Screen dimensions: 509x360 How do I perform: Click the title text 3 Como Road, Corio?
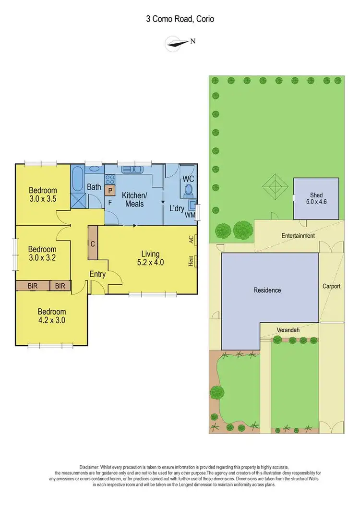180,20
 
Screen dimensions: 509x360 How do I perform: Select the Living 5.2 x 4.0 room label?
153,258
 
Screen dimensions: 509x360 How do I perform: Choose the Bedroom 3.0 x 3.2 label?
42,254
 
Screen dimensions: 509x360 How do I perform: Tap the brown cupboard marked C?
93,243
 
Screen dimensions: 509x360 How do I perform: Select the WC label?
188,179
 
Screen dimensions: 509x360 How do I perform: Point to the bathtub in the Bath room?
78,179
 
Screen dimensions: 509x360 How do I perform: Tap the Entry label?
97,274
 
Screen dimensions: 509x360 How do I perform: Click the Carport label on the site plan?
331,286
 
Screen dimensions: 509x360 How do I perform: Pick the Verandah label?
288,330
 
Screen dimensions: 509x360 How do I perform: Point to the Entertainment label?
298,236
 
